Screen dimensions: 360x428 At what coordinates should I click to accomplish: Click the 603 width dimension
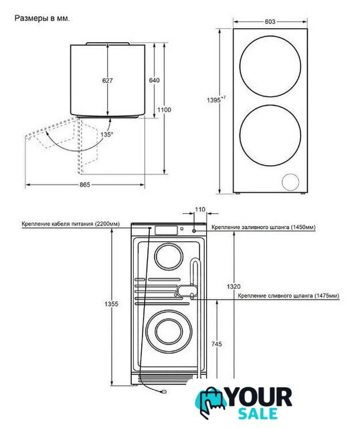270,21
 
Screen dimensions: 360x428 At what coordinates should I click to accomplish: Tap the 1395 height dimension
216,100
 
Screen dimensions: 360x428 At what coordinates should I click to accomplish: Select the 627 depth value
108,80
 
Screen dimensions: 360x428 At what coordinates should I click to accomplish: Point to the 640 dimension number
155,80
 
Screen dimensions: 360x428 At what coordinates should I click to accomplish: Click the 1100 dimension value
164,110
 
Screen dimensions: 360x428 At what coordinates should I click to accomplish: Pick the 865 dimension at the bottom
85,185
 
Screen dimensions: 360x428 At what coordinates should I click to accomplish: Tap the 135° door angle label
106,134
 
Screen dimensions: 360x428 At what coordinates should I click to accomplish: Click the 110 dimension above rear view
200,209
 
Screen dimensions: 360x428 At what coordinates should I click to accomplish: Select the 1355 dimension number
112,304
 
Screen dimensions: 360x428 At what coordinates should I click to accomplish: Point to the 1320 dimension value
234,286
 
